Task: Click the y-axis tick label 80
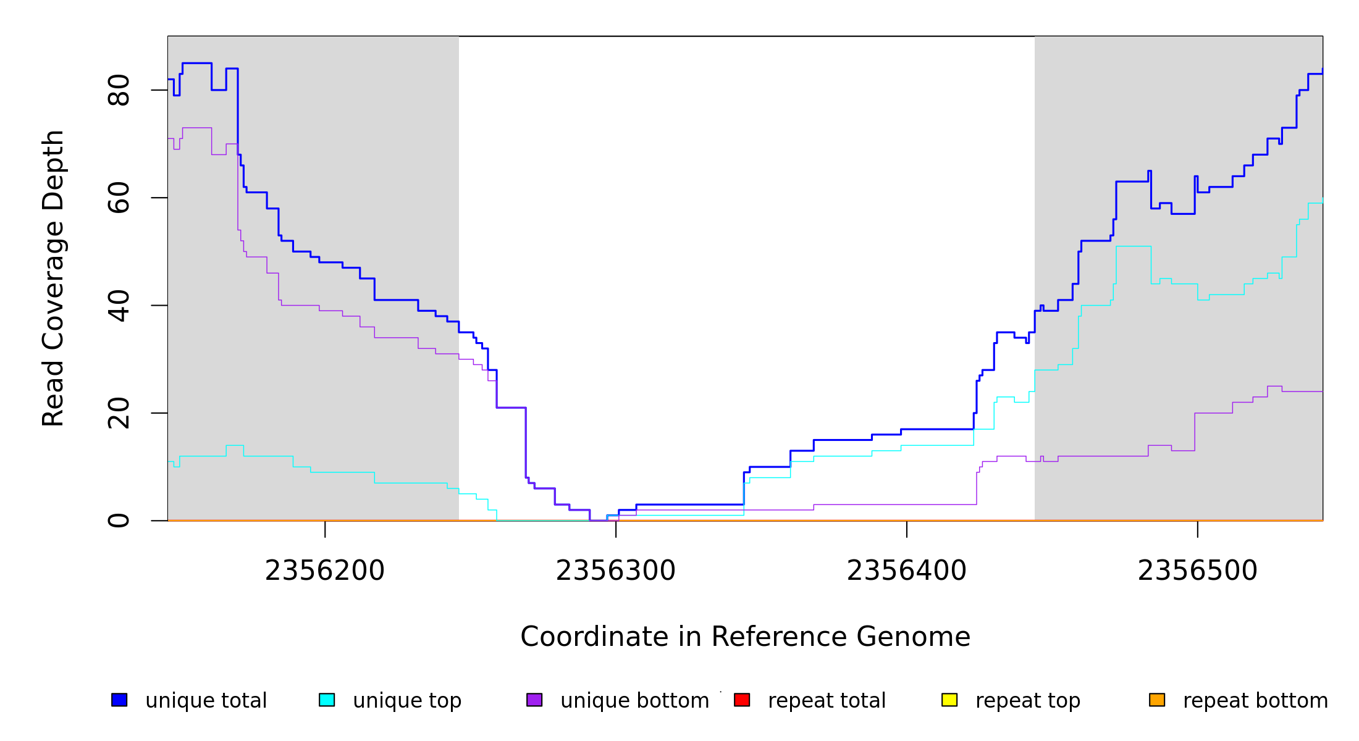point(119,90)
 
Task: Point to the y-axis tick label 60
point(119,198)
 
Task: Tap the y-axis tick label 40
point(119,306)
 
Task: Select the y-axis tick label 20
point(119,413)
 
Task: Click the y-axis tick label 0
point(119,521)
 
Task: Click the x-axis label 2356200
point(324,571)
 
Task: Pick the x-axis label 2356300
point(615,571)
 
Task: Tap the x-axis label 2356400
point(906,571)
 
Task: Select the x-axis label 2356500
point(1197,571)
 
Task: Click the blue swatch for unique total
point(119,700)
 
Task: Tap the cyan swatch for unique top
point(327,700)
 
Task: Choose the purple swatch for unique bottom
point(534,700)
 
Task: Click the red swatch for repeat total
point(742,700)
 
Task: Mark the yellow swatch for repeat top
point(949,700)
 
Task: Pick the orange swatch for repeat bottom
point(1157,700)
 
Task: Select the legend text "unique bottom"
point(634,701)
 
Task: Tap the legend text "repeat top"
point(1027,701)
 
